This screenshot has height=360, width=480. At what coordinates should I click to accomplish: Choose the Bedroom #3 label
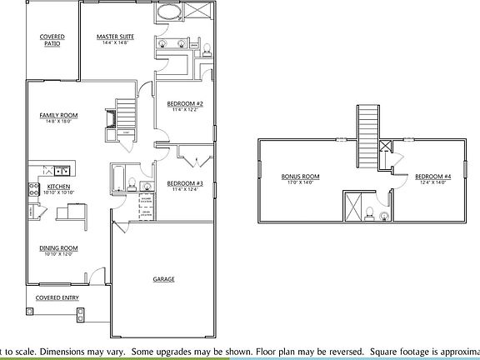[185, 182]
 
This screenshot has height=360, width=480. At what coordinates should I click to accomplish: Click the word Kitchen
[57, 186]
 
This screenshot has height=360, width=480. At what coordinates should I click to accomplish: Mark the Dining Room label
[58, 247]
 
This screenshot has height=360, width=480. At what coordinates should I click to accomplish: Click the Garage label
[163, 279]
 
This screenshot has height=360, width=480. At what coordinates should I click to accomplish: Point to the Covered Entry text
[56, 297]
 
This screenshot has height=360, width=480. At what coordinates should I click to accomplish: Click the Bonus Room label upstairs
[301, 177]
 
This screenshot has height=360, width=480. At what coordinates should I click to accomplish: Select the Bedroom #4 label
[433, 177]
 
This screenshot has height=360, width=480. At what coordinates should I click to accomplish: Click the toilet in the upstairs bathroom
[384, 215]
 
